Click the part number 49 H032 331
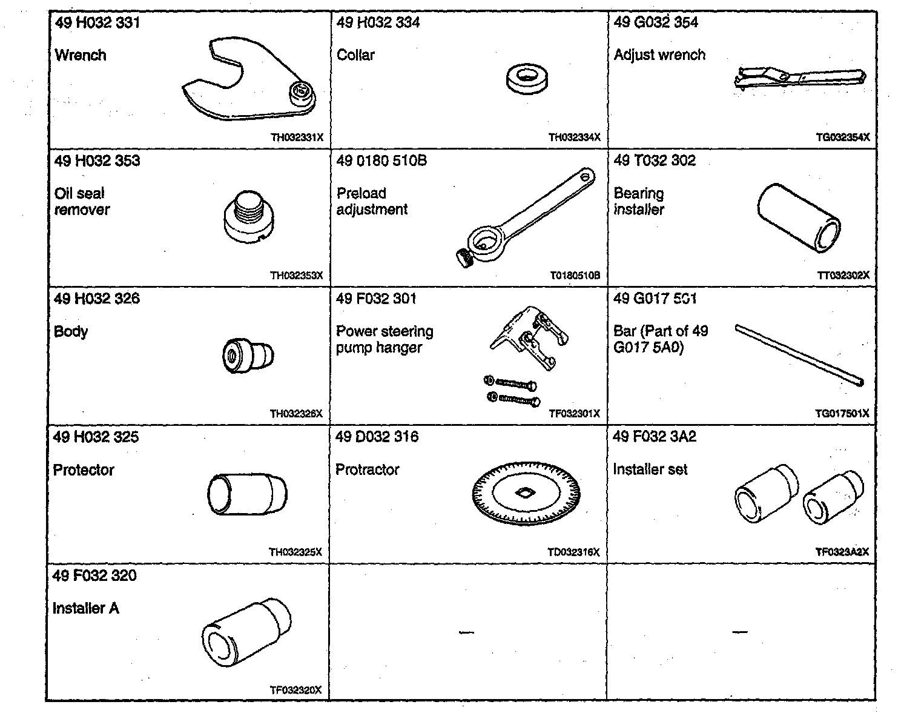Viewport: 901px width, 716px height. point(97,23)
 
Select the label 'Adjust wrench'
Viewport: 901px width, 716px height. point(659,55)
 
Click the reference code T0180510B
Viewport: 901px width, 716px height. point(575,275)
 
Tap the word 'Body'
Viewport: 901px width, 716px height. point(71,332)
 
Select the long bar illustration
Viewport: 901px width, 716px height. point(799,355)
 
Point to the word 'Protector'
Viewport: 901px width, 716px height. point(84,470)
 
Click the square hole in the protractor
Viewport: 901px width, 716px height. point(524,494)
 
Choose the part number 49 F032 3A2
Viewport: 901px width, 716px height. point(655,437)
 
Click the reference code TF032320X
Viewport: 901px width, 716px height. point(295,690)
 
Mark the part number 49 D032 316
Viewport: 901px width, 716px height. point(377,437)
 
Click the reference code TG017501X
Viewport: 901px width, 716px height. point(842,414)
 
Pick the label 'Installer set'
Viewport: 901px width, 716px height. point(650,469)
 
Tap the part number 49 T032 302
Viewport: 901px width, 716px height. point(655,161)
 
